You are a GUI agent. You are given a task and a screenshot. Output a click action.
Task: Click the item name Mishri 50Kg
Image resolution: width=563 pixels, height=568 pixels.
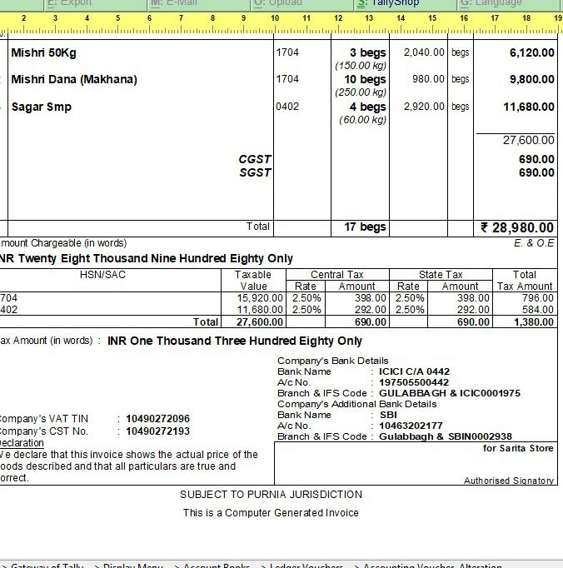point(43,52)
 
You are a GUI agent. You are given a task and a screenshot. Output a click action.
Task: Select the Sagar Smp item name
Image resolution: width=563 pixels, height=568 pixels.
point(41,107)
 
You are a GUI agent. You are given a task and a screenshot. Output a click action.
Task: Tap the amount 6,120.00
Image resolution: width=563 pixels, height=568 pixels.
point(531,52)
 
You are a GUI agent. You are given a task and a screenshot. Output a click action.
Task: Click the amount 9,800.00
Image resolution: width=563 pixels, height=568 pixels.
point(531,79)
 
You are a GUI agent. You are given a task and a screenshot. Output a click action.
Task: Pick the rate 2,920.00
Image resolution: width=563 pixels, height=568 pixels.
point(424,107)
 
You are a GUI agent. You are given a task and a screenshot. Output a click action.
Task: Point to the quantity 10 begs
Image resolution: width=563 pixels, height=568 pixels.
point(366,79)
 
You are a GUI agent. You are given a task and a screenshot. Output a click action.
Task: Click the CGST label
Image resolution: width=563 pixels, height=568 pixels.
point(255,159)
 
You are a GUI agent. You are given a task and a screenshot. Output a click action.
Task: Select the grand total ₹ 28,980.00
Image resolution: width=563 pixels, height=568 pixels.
point(517,227)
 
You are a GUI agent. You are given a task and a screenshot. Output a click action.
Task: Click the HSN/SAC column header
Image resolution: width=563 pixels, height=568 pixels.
point(103,275)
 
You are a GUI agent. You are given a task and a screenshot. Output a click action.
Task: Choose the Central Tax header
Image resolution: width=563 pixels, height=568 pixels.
point(337,275)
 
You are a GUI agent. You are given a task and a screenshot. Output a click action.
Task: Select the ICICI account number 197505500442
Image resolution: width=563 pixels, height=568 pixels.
point(414,382)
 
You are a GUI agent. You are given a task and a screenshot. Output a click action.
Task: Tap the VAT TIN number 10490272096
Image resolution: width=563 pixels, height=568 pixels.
point(157,419)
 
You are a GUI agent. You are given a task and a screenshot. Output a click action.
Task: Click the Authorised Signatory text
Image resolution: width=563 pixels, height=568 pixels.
point(509,481)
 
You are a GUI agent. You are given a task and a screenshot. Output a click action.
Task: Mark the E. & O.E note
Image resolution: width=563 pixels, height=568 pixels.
point(534,243)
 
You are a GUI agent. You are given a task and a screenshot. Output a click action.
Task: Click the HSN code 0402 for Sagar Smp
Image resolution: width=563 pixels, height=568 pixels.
point(287,107)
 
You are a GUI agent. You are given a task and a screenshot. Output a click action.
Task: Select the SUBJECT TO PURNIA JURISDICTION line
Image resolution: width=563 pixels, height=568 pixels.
point(271,495)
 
